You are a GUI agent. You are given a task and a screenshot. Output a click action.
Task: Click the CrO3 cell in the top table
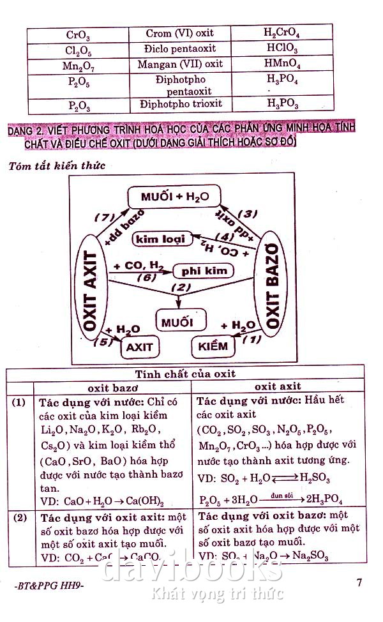click(x=78, y=34)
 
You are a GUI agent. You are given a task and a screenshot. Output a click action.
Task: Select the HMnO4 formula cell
click(x=282, y=64)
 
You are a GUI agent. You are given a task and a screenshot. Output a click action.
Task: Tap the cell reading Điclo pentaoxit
click(x=180, y=49)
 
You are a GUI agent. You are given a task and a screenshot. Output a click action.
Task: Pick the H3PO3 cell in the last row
click(x=282, y=103)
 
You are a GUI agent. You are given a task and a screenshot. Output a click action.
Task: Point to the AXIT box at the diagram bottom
click(x=140, y=347)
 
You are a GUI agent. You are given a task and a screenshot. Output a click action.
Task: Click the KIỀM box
click(x=213, y=346)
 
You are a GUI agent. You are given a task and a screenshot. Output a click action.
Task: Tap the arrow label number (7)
click(x=104, y=218)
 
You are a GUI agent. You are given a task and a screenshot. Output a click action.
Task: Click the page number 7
click(x=359, y=582)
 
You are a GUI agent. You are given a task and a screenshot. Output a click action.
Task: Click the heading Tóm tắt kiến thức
click(x=57, y=166)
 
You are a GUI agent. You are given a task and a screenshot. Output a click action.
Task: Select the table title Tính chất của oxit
click(x=185, y=374)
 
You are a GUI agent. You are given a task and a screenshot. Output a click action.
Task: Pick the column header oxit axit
click(x=278, y=386)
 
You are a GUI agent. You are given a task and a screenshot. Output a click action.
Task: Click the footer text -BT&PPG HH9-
click(x=48, y=586)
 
